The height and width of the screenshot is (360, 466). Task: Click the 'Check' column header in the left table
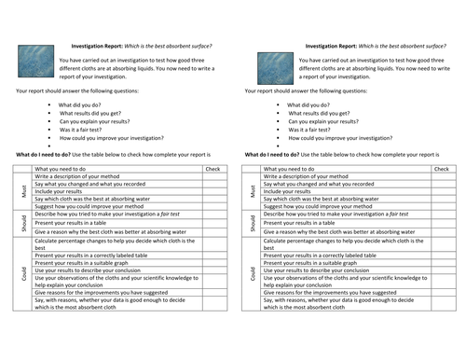[x=212, y=168]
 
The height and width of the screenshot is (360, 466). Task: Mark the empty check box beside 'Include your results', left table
[x=212, y=191]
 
